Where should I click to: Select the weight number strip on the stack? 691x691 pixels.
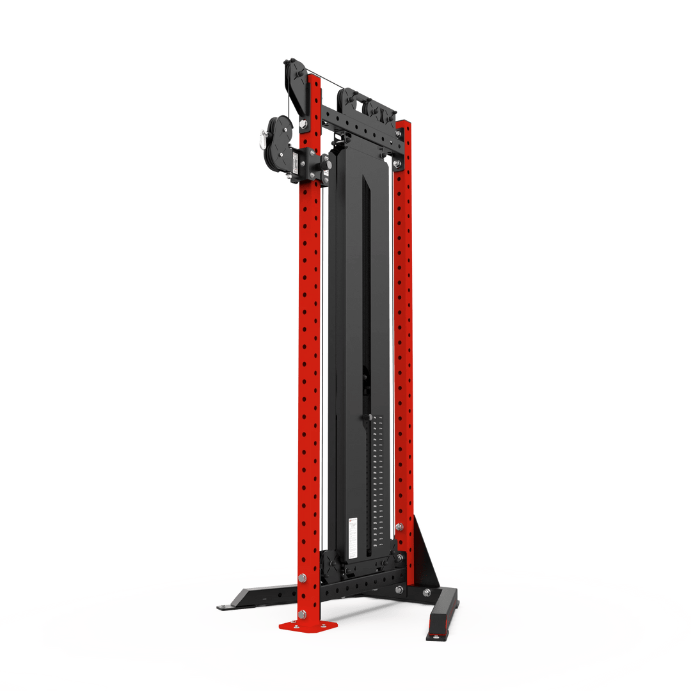(377, 473)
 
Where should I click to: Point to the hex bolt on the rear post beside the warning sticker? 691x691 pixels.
(399, 527)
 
